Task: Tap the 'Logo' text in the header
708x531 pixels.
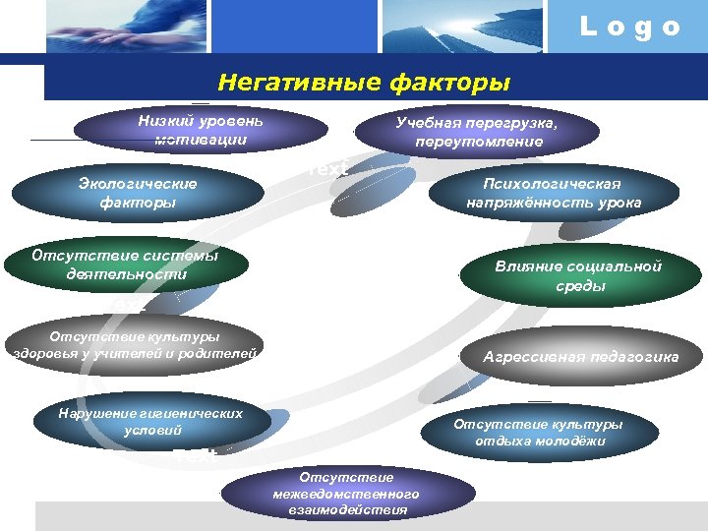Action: [x=629, y=28]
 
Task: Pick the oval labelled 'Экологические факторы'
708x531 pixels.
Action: [x=137, y=193]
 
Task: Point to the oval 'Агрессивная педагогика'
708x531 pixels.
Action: [x=580, y=358]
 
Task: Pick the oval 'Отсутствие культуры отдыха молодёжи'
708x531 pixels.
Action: [x=539, y=433]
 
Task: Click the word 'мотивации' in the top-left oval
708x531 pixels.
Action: [x=201, y=140]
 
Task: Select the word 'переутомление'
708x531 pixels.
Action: [x=479, y=142]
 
